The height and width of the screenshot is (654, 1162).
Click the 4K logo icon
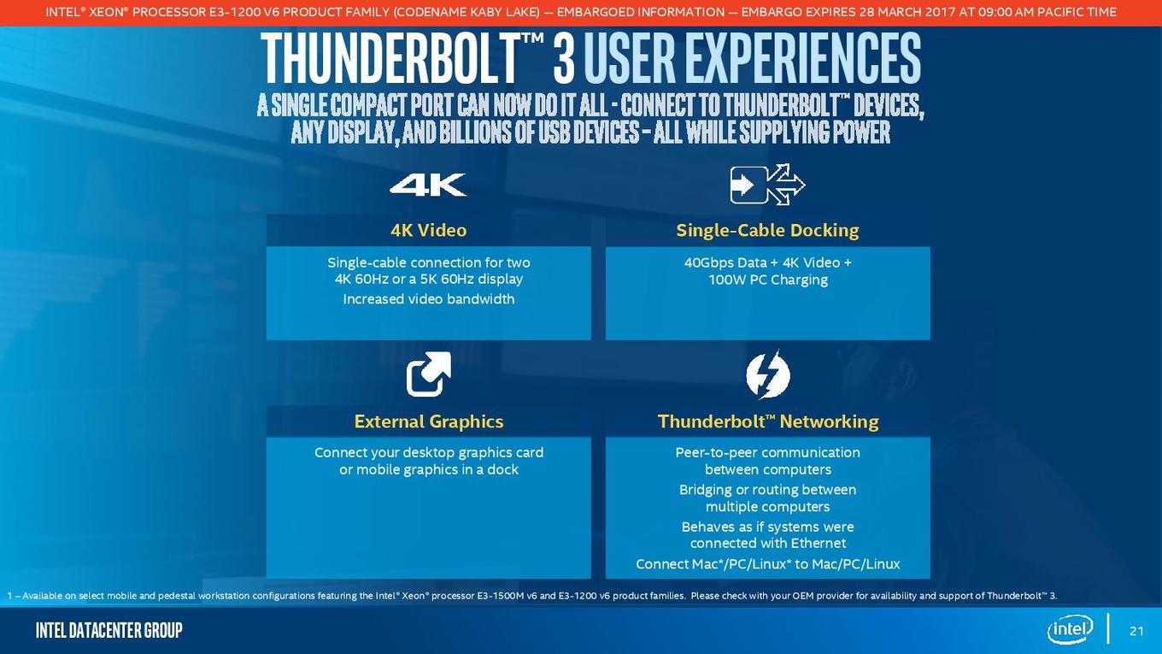coord(428,185)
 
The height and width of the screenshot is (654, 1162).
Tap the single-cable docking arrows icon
coord(768,185)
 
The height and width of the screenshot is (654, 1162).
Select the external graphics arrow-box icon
coord(429,374)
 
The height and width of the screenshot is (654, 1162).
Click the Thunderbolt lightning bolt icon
coord(768,374)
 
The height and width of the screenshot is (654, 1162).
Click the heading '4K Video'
coord(429,230)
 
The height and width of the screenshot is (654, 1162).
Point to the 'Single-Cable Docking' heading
coord(768,230)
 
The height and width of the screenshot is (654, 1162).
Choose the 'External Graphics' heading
coord(429,421)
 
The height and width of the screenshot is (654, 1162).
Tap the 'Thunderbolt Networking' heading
coord(768,421)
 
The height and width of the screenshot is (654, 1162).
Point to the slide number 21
coord(1136,631)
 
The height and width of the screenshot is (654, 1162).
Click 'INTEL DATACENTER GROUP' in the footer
coord(109,630)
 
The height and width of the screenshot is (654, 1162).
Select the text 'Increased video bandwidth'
coord(429,299)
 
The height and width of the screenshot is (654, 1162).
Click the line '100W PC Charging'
coord(768,280)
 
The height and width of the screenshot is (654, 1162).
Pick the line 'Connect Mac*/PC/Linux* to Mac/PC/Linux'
coord(768,564)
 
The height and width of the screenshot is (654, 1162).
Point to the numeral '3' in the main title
coord(563,58)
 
